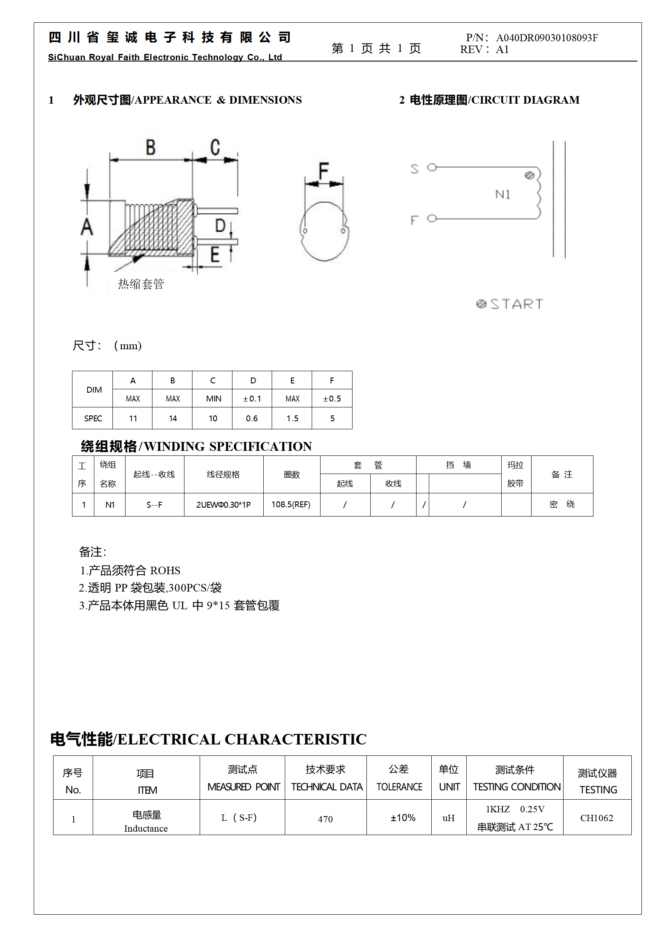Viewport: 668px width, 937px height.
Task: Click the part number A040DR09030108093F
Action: tap(547, 38)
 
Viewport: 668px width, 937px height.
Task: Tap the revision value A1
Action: tap(502, 50)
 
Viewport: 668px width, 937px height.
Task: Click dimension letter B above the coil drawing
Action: tap(150, 148)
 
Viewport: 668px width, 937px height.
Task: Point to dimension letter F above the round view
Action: tap(323, 170)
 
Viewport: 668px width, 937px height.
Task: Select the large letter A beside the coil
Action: tap(87, 227)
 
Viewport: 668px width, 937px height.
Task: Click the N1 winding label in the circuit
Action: tap(502, 194)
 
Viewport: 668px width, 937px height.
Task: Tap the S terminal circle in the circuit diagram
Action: tap(432, 168)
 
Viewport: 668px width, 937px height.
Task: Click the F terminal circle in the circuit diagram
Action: tap(432, 218)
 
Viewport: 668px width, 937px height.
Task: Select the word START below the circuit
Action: tap(516, 304)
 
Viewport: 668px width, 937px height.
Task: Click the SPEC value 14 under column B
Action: tap(173, 418)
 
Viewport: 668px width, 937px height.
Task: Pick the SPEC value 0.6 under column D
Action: tap(252, 418)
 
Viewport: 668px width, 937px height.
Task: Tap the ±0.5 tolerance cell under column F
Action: tap(332, 399)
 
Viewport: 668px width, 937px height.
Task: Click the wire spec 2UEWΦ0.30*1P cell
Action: tap(223, 505)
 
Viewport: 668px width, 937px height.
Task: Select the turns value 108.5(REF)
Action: tap(291, 505)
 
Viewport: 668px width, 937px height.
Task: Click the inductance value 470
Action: tap(325, 819)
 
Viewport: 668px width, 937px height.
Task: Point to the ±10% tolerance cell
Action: tap(403, 818)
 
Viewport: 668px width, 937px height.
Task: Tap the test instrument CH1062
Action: tap(596, 818)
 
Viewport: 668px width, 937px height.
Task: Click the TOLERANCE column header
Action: tap(399, 787)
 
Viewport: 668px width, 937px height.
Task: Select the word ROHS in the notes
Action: tap(165, 570)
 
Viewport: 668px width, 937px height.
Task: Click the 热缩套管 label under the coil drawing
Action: tap(141, 284)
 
